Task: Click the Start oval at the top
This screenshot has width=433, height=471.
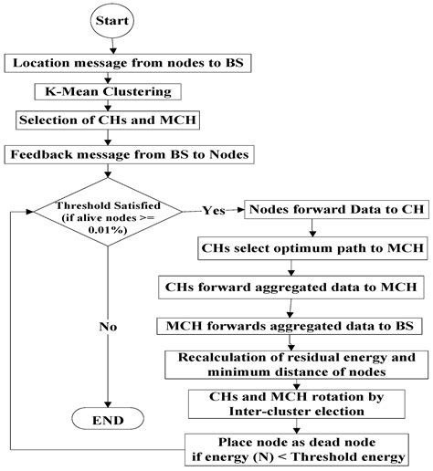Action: click(110, 21)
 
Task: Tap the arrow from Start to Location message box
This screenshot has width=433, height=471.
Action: click(110, 45)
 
